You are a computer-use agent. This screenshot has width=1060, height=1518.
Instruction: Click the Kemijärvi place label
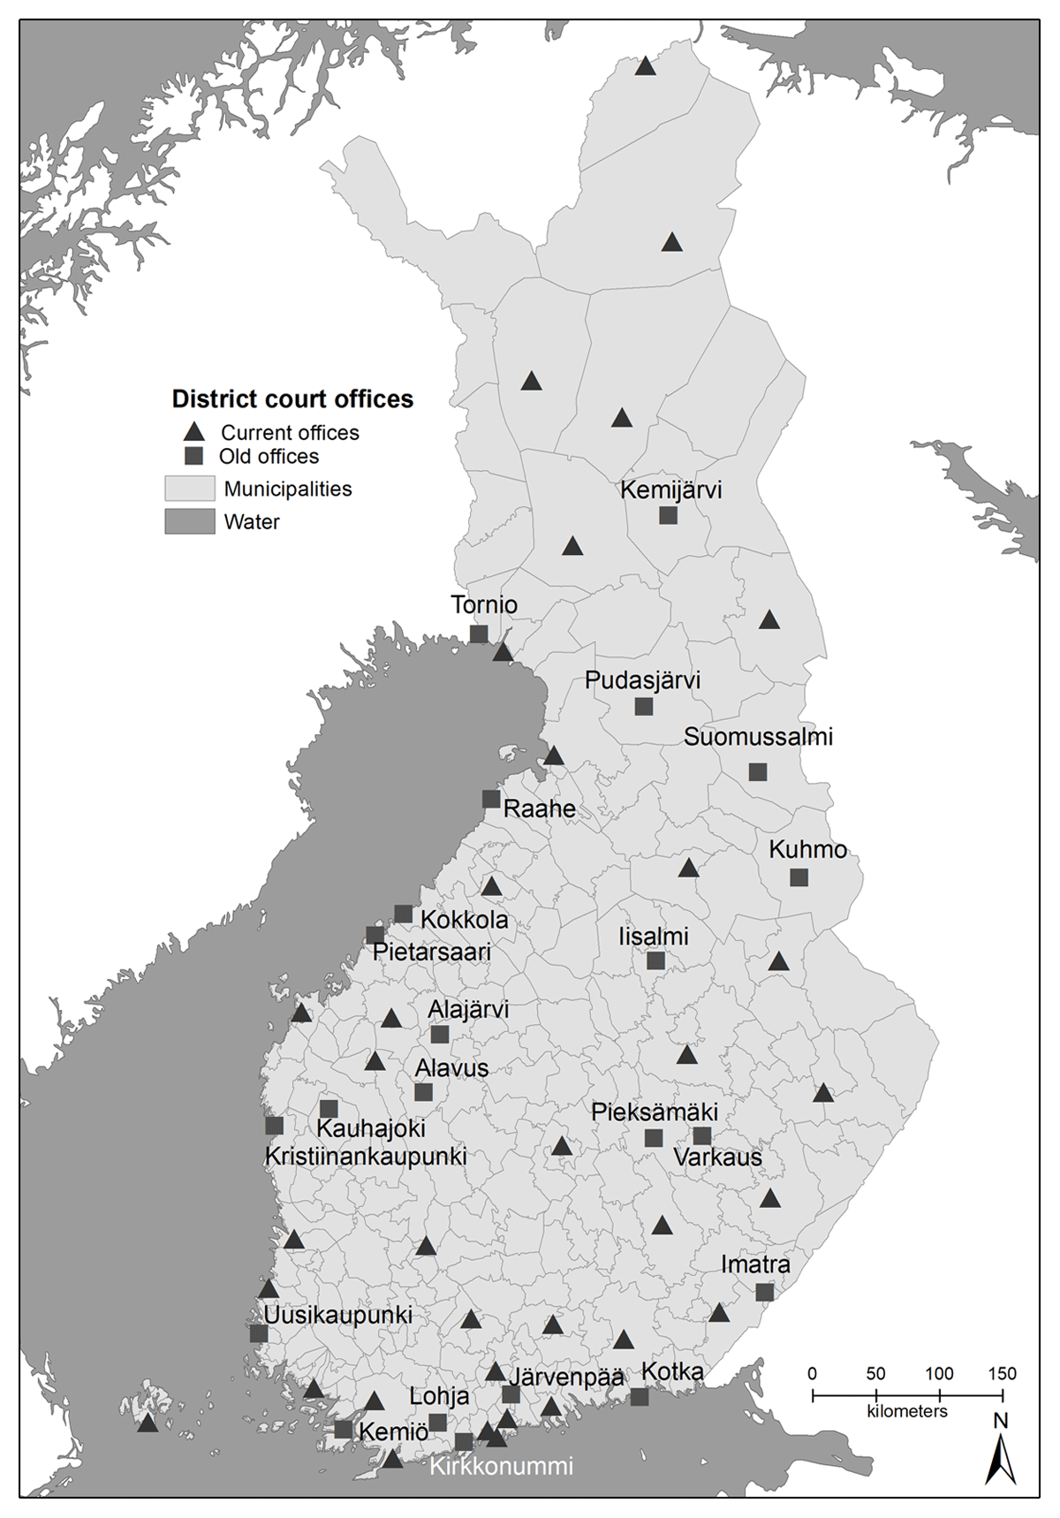[x=670, y=490]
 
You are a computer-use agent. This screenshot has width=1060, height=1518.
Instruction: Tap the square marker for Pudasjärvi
[x=644, y=706]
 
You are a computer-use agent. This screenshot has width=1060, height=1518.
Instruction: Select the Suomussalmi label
[x=758, y=737]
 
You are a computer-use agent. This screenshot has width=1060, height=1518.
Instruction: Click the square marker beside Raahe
[x=491, y=799]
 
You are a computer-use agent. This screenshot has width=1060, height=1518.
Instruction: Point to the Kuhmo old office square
[x=799, y=877]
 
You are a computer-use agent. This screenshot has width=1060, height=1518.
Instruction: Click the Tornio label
[x=484, y=605]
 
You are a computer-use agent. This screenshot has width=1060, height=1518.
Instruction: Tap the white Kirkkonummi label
[x=501, y=1466]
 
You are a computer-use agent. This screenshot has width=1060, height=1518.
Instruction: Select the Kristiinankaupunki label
[x=366, y=1156]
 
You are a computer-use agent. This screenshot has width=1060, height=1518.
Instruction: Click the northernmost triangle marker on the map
[x=646, y=66]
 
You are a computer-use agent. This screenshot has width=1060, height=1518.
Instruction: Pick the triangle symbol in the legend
[x=193, y=433]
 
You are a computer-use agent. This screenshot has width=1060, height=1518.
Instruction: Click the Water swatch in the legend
[x=190, y=521]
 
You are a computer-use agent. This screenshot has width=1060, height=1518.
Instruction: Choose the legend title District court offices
[x=292, y=399]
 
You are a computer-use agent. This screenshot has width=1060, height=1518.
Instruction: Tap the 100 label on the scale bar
[x=939, y=1374]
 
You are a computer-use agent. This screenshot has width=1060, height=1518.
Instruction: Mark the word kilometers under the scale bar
[x=907, y=1411]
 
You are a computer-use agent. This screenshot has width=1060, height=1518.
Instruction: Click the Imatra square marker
[x=765, y=1292]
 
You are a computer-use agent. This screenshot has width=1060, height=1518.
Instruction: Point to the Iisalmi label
[x=654, y=937]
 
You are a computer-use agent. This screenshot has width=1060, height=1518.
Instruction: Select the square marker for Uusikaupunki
[x=259, y=1333]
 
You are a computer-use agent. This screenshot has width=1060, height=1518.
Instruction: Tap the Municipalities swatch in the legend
[x=190, y=489]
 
